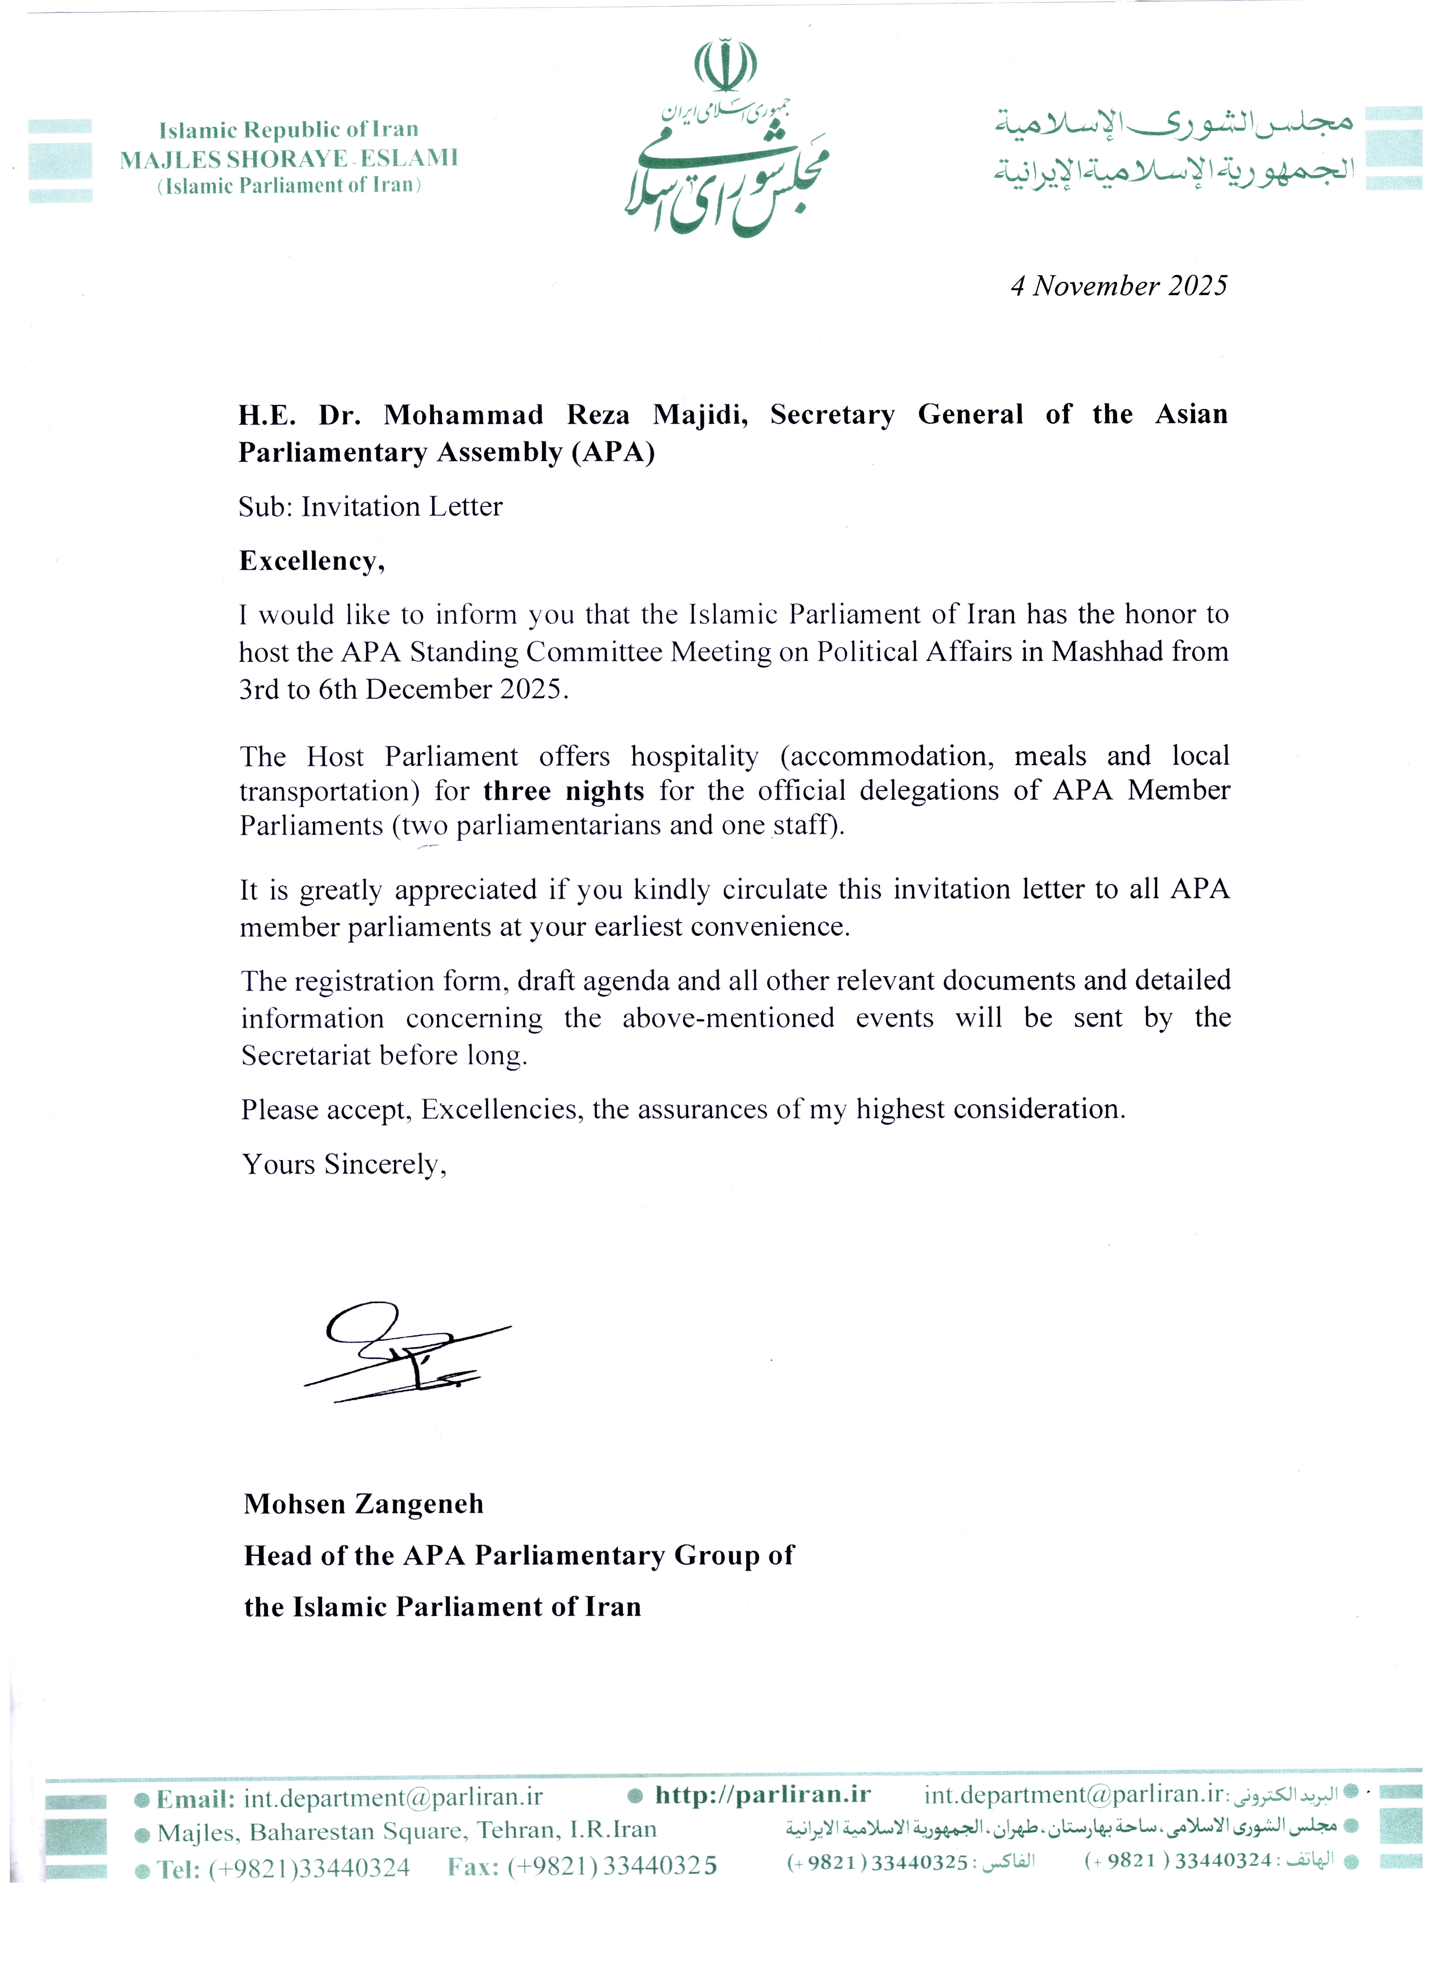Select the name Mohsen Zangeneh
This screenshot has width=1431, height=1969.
(x=364, y=1504)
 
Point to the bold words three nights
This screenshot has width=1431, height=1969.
(x=563, y=791)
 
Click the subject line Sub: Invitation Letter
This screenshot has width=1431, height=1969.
(x=371, y=507)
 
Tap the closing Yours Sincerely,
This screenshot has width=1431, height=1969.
(x=344, y=1164)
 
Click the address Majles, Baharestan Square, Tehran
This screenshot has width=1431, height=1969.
(x=406, y=1832)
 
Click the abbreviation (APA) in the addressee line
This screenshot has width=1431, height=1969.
(x=613, y=452)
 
